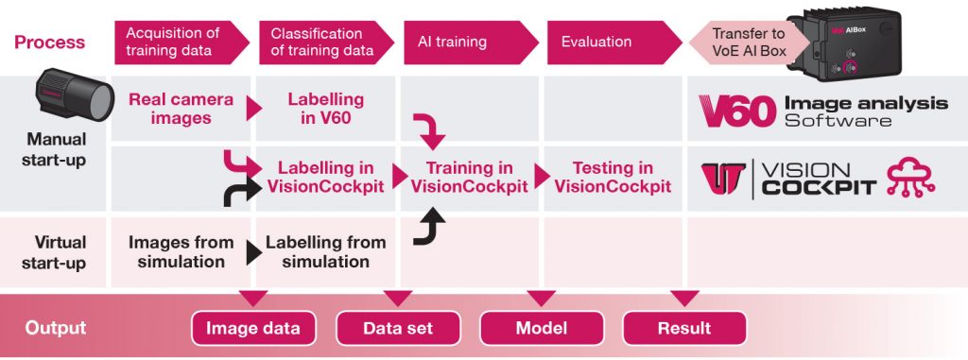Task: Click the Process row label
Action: tap(49, 42)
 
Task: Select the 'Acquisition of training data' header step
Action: tap(175, 42)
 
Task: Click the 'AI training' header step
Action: tap(454, 42)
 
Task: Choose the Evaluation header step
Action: tap(597, 42)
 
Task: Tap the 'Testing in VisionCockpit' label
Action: tap(613, 177)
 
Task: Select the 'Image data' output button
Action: tap(253, 328)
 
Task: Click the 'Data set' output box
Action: tap(398, 328)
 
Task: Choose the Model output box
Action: tap(542, 328)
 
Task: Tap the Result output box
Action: tap(684, 328)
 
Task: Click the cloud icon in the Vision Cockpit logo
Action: tap(908, 178)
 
